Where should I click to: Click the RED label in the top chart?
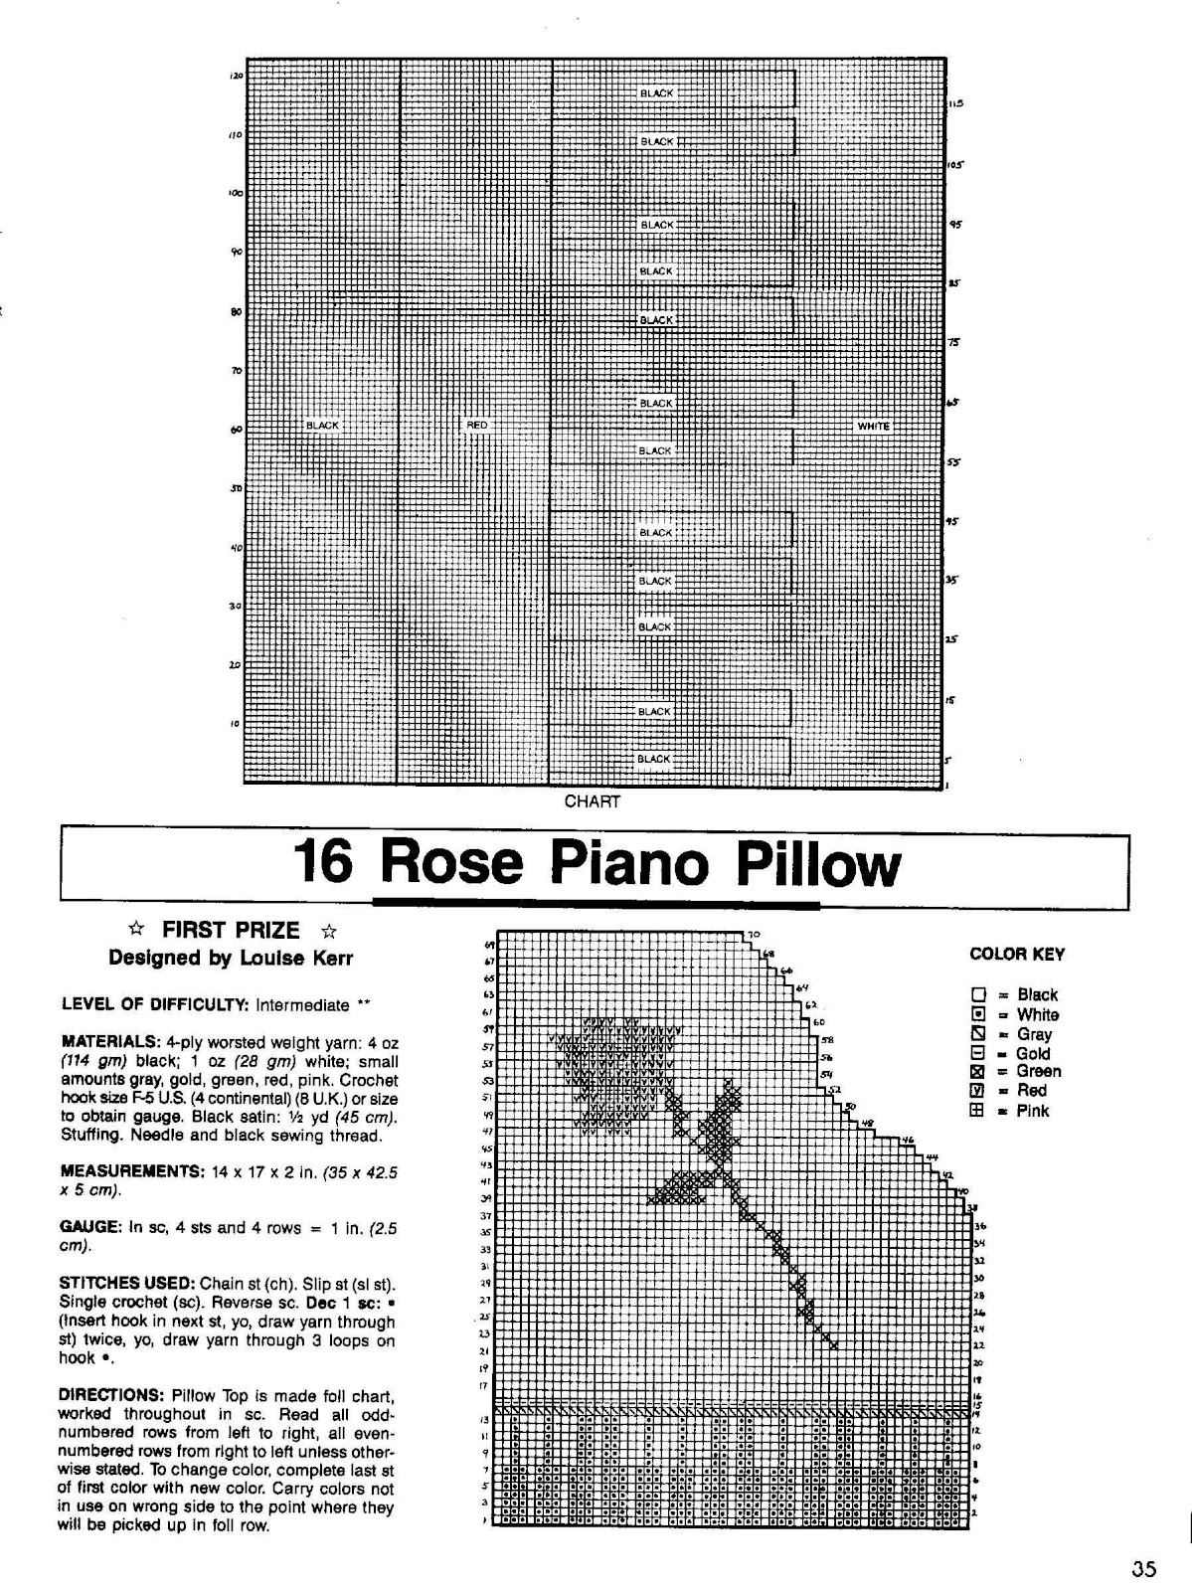477,426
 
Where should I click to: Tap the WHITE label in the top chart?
873,426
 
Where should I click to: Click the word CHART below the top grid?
592,801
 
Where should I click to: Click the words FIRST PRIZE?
231,931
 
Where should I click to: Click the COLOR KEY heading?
1017,955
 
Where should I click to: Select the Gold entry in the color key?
1033,1053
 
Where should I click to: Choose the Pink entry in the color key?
1033,1111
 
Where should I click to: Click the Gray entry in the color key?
1034,1034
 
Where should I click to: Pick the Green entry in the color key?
1038,1072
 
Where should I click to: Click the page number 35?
1143,1570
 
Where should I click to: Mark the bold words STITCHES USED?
127,1283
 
